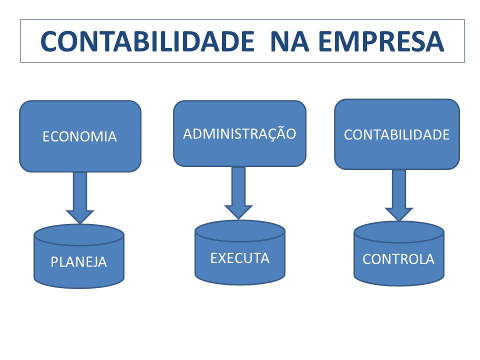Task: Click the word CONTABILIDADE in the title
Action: (x=147, y=41)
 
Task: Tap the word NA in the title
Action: (x=289, y=41)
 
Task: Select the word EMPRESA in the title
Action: (x=381, y=41)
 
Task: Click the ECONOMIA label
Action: (x=79, y=136)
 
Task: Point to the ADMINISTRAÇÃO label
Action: (x=239, y=133)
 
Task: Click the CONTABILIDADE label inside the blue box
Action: (x=396, y=134)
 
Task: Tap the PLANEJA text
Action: (x=78, y=262)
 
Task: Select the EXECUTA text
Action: (x=239, y=258)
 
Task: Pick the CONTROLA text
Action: (x=398, y=259)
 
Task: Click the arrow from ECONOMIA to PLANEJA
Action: (x=80, y=198)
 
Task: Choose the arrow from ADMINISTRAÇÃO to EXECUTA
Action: (x=238, y=193)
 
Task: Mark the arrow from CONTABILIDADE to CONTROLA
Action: (x=399, y=195)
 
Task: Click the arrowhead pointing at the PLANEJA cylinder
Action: (x=80, y=216)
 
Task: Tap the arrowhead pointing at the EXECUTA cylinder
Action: (x=238, y=212)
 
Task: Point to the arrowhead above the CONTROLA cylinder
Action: (x=399, y=214)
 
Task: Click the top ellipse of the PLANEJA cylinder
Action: (x=79, y=235)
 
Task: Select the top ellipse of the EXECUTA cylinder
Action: (x=240, y=231)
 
